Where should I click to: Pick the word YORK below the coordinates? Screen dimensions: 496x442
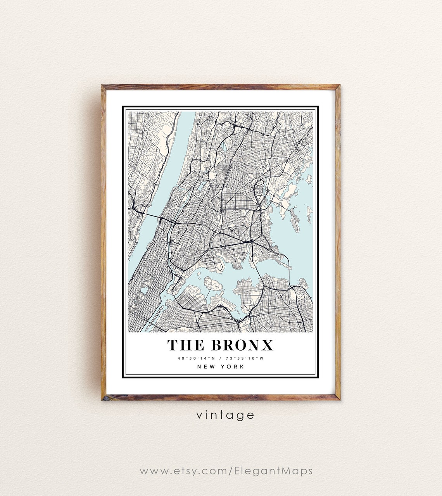233,366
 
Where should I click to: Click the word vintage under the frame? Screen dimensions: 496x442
225,415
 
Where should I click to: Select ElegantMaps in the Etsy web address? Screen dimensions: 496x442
273,471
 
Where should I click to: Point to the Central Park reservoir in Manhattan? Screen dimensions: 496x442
145,290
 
